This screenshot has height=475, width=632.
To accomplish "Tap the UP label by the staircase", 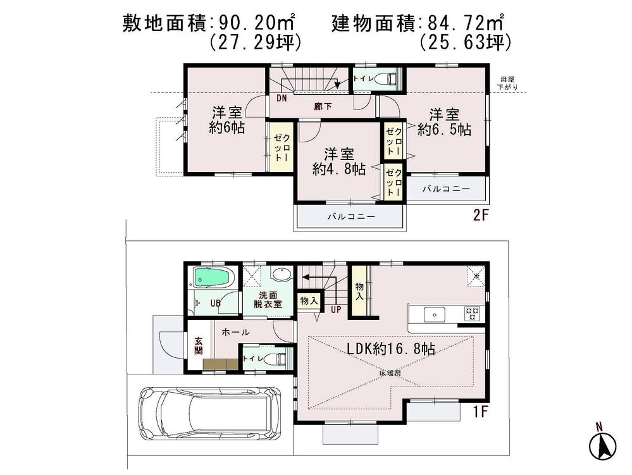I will click(x=335, y=309).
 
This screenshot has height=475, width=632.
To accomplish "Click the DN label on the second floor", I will click(x=282, y=99).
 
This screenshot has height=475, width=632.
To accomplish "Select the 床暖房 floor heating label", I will click(x=390, y=373).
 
